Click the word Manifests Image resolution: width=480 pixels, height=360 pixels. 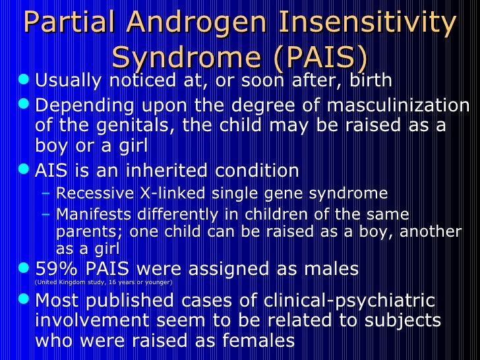click(x=86, y=214)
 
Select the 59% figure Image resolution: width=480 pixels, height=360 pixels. click(x=52, y=268)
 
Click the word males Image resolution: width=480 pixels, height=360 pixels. click(x=327, y=268)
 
